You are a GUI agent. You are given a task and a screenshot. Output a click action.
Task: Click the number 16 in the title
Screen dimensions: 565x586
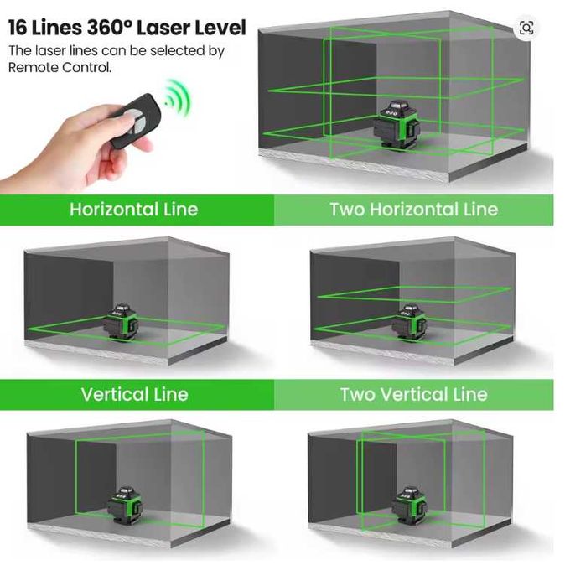(18, 28)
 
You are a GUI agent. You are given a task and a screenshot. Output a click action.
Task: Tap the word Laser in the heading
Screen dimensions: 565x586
(161, 28)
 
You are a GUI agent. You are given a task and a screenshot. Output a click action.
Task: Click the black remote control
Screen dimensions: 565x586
(137, 119)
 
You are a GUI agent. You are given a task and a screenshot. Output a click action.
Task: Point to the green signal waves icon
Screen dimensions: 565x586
(178, 97)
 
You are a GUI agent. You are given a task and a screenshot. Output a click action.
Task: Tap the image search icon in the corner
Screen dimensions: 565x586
(526, 28)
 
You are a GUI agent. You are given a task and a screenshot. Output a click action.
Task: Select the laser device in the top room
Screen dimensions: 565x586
(397, 124)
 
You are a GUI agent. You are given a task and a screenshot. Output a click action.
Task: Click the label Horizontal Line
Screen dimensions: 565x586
(134, 210)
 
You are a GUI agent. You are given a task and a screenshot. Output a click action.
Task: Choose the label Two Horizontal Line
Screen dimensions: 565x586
(414, 210)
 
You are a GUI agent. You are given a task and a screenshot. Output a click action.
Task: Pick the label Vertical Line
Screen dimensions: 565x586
(134, 394)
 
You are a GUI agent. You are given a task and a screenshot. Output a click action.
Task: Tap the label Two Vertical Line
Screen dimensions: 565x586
(414, 394)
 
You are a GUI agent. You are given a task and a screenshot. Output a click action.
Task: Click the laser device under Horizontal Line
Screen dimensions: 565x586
(121, 323)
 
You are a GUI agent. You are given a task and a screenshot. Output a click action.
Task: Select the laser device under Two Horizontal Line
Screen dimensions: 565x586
(409, 323)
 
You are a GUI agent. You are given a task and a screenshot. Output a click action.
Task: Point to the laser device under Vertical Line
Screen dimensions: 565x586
(125, 506)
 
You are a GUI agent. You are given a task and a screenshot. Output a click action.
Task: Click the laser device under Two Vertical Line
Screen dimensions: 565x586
(410, 506)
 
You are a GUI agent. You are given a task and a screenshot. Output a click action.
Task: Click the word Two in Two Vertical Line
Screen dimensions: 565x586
(357, 394)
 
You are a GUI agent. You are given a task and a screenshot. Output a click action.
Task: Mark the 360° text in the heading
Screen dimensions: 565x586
(110, 28)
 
